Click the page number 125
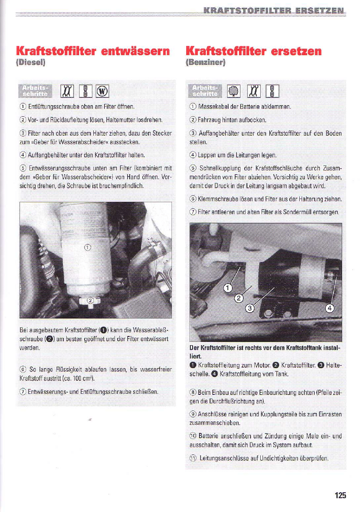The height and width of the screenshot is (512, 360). [340, 495]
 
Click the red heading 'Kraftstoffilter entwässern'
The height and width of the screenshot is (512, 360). [93, 51]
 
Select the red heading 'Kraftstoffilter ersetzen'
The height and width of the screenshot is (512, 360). [253, 51]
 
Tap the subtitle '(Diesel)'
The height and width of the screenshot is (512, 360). [30, 62]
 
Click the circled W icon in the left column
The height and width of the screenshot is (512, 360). [102, 91]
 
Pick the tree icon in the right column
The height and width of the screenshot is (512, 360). [234, 91]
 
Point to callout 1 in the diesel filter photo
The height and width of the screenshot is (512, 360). [87, 247]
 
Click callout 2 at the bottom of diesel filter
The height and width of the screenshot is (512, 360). [91, 300]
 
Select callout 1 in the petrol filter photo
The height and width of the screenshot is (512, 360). [228, 288]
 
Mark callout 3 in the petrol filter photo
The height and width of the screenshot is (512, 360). [250, 308]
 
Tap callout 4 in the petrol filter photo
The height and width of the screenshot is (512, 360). [330, 308]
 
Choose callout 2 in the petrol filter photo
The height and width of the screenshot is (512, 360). [239, 298]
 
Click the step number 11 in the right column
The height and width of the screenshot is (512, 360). [193, 458]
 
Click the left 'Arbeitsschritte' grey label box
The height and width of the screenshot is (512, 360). [35, 91]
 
